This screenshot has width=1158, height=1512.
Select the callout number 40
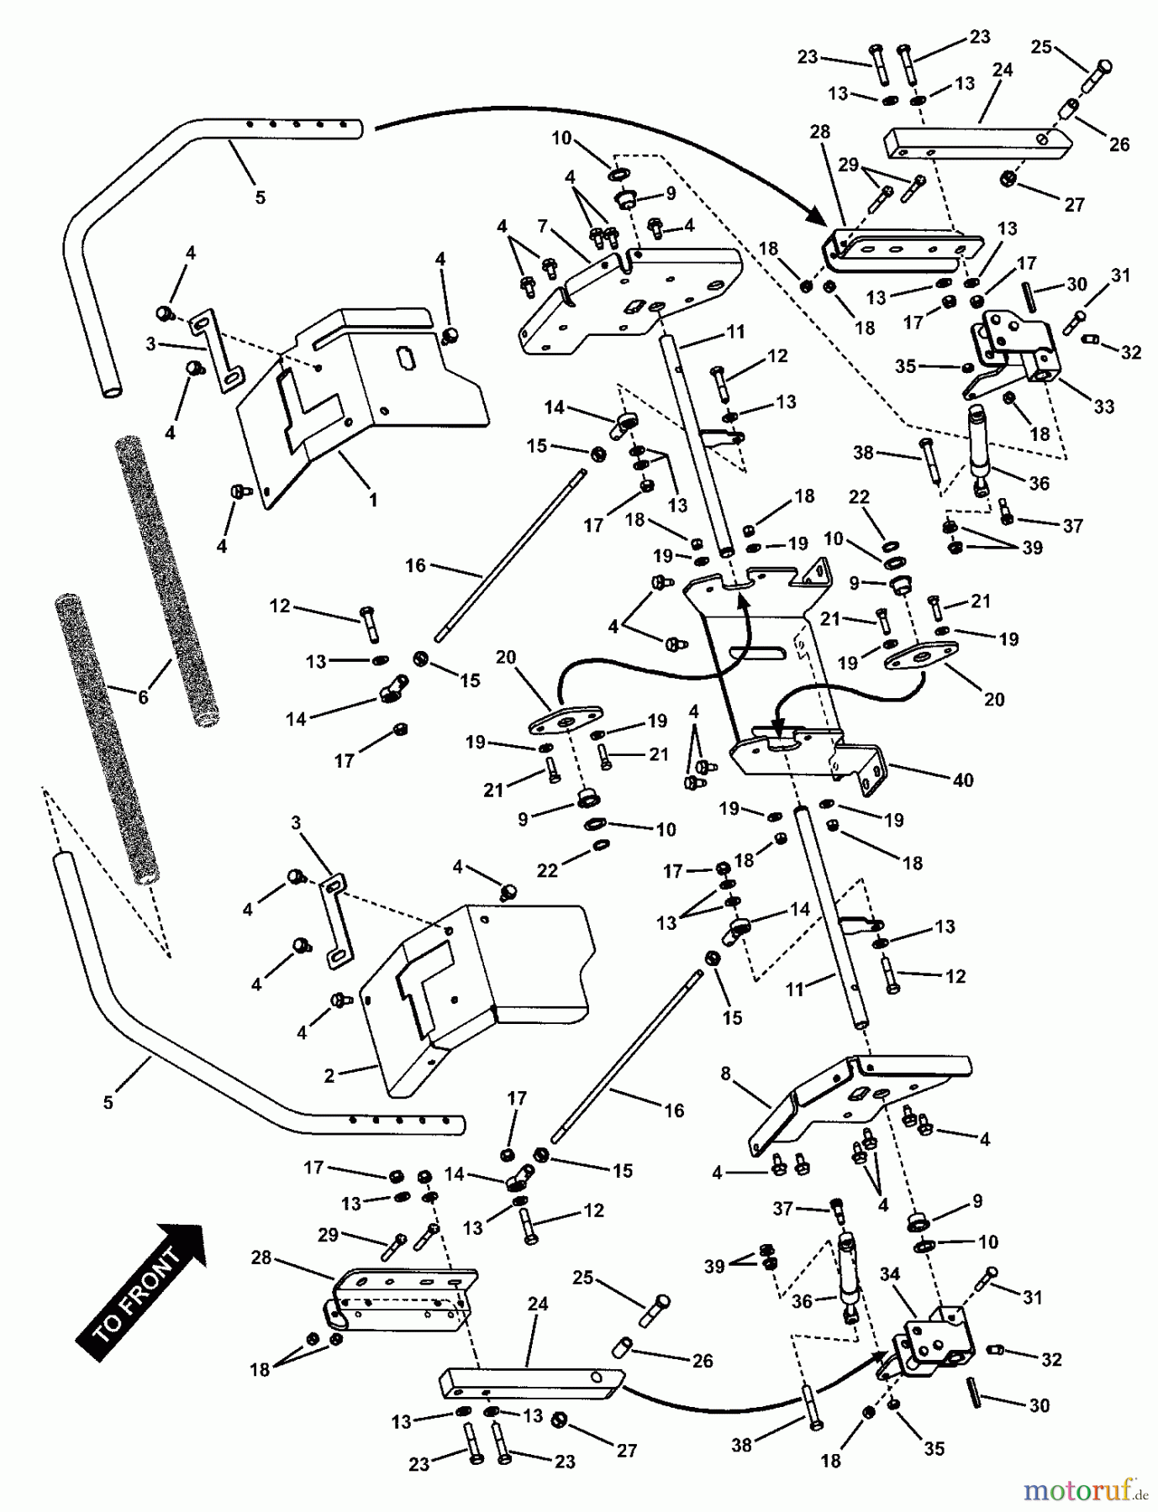tap(963, 780)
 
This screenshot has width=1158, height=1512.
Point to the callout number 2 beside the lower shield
tap(329, 1075)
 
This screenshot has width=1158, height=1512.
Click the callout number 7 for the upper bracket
tap(543, 226)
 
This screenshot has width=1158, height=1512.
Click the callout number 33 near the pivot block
tap(1103, 407)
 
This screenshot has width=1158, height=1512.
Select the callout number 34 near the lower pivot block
tap(890, 1274)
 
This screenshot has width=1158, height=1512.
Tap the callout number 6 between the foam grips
tap(143, 696)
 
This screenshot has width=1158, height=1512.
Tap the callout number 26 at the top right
tap(1119, 144)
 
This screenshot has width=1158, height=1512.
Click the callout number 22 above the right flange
tap(858, 497)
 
